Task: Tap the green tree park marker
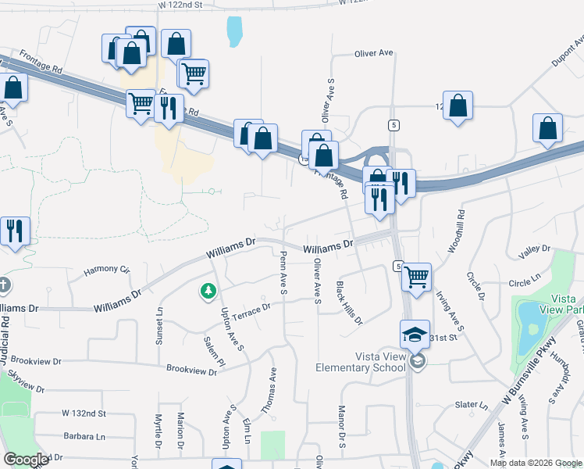[x=208, y=292]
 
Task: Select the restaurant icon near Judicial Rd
[x=15, y=231]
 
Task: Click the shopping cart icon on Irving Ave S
[x=416, y=277]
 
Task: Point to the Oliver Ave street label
[x=373, y=53]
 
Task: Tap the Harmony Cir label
[x=106, y=270]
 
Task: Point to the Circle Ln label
[x=524, y=278]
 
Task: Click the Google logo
[x=26, y=460]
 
